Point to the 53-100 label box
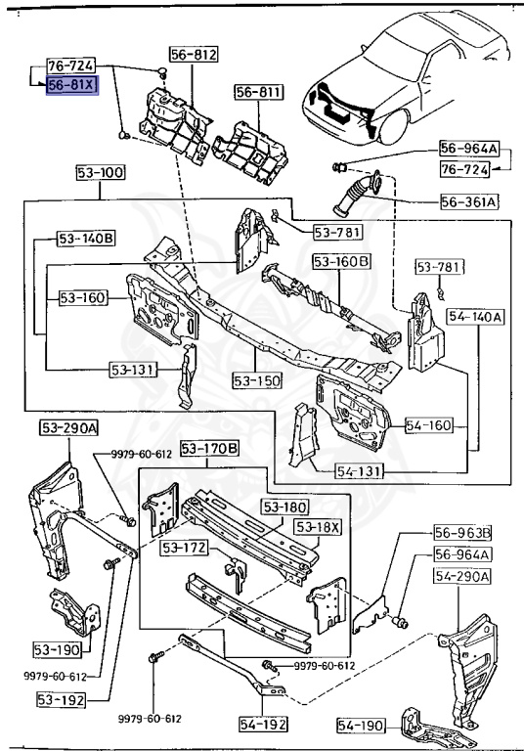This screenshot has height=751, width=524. [100, 173]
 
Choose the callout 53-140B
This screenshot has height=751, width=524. [85, 238]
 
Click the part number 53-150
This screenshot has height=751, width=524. [256, 378]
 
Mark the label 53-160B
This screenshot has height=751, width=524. [342, 261]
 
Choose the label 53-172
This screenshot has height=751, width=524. [185, 548]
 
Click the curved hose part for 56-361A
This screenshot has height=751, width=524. [358, 196]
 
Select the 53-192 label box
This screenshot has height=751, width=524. [62, 699]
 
